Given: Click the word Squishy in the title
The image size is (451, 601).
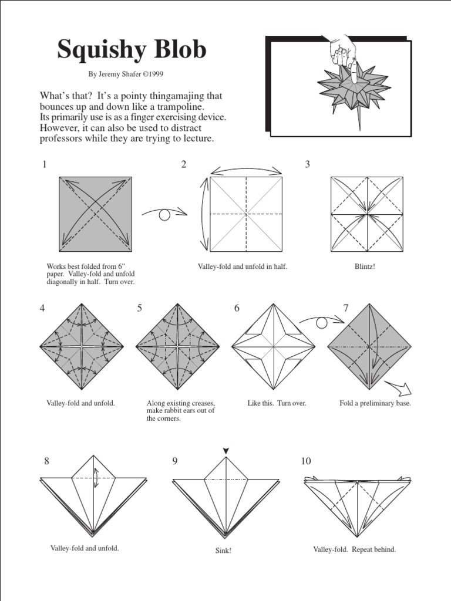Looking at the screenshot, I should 98,51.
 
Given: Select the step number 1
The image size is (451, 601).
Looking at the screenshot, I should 44,164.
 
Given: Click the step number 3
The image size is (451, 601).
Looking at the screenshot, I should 307,164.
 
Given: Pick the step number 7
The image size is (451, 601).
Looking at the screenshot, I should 346,308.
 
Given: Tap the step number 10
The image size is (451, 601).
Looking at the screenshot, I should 305,461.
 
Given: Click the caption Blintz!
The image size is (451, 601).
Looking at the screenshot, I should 364,266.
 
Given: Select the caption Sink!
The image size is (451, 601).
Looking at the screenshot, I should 223,551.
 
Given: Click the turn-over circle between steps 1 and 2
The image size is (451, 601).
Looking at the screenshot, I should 164,215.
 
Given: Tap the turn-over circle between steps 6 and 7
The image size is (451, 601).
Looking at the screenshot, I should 321,322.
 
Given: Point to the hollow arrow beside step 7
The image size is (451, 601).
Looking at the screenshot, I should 399,388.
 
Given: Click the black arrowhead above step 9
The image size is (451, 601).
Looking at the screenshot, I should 226,450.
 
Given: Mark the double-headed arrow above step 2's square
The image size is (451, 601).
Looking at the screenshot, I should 245,170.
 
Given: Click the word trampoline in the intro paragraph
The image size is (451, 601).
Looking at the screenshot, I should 177,107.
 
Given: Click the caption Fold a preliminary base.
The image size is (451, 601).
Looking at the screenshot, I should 375,403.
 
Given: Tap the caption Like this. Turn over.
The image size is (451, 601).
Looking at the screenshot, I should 277,403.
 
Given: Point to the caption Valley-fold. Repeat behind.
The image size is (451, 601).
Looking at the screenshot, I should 355,549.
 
